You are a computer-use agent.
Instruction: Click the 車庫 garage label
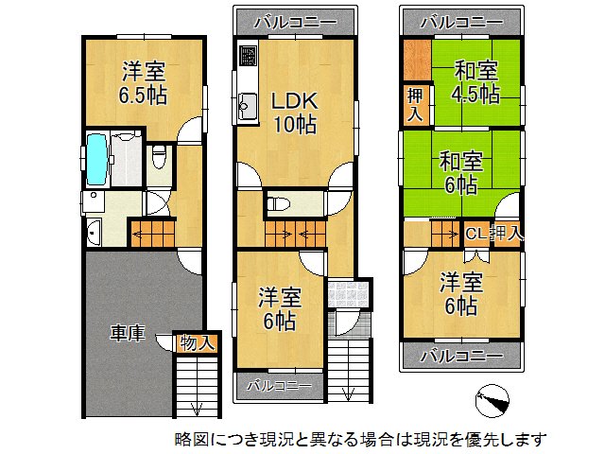tap(127, 334)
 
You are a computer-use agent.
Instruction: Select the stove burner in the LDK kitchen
tap(247, 56)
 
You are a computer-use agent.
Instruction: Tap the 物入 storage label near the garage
tap(197, 343)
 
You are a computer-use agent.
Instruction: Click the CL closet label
tap(475, 233)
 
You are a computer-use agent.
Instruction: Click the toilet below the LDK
tap(281, 202)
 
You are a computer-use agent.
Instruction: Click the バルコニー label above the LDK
tap(295, 21)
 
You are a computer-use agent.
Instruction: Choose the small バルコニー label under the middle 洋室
tap(279, 385)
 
